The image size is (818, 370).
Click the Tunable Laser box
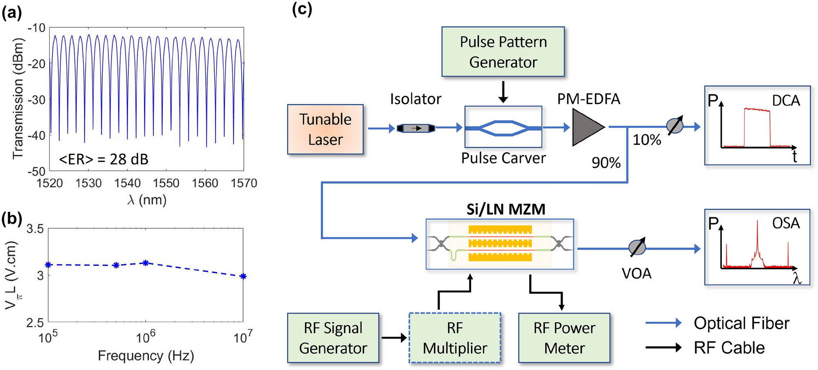click(x=325, y=129)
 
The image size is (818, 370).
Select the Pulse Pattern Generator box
click(x=503, y=52)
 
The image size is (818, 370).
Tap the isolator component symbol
click(x=416, y=128)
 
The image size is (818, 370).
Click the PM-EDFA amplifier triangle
click(x=586, y=127)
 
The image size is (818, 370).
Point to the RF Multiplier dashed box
click(x=455, y=338)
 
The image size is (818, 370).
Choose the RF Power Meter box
click(x=564, y=338)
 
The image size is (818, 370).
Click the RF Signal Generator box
click(x=333, y=338)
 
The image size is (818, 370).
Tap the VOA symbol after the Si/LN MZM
click(x=637, y=247)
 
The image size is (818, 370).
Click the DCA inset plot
click(x=757, y=125)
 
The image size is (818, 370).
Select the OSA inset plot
click(x=757, y=247)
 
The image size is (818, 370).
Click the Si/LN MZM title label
click(x=506, y=209)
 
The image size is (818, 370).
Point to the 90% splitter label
click(x=606, y=163)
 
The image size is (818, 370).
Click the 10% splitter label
click(x=646, y=140)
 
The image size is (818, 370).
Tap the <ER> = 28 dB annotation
click(x=104, y=159)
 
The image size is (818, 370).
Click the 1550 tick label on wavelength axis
click(x=166, y=183)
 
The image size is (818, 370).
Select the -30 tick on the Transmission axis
click(x=36, y=99)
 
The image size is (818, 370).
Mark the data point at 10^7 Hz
click(x=243, y=276)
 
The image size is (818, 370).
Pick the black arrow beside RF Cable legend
click(x=663, y=348)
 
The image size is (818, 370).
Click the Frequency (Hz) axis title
click(x=146, y=356)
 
